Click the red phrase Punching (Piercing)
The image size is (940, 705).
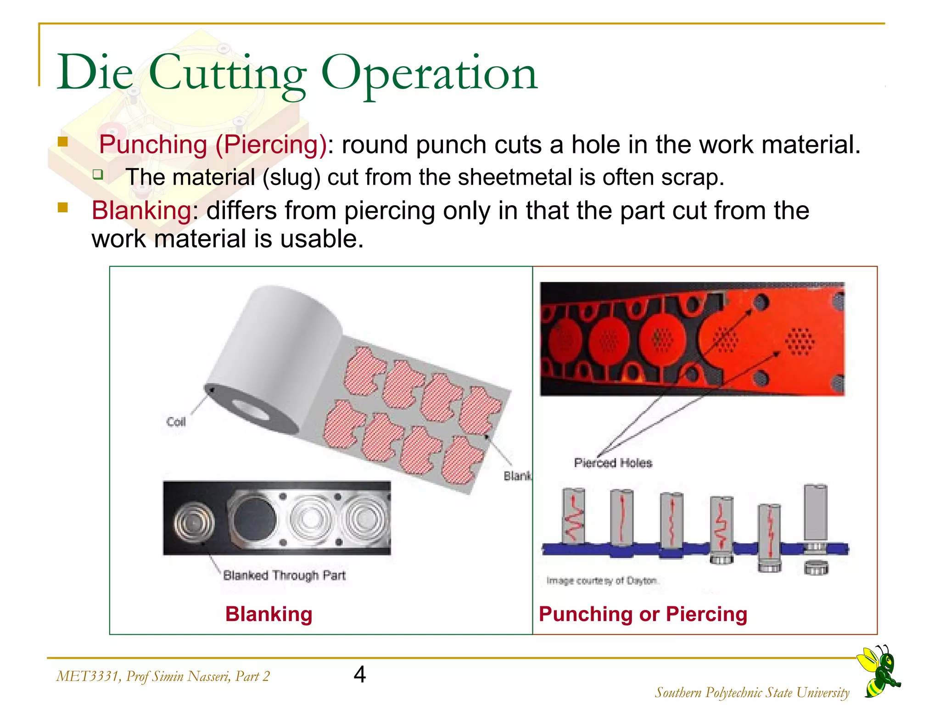(213, 145)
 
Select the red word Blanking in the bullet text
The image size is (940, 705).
(141, 211)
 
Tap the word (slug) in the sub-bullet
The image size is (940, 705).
(291, 178)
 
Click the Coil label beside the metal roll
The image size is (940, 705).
(176, 422)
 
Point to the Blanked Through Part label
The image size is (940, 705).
(284, 575)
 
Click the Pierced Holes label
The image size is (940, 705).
(613, 463)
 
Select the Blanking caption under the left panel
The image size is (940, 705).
(269, 614)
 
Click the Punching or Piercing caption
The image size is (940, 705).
(643, 614)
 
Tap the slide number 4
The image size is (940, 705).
(360, 675)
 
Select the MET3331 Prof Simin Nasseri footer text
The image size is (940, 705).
(163, 676)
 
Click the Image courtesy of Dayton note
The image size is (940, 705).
(602, 581)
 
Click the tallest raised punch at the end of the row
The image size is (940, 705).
(815, 512)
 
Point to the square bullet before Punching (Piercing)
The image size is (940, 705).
(63, 141)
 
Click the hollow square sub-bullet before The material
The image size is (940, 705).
(98, 174)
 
